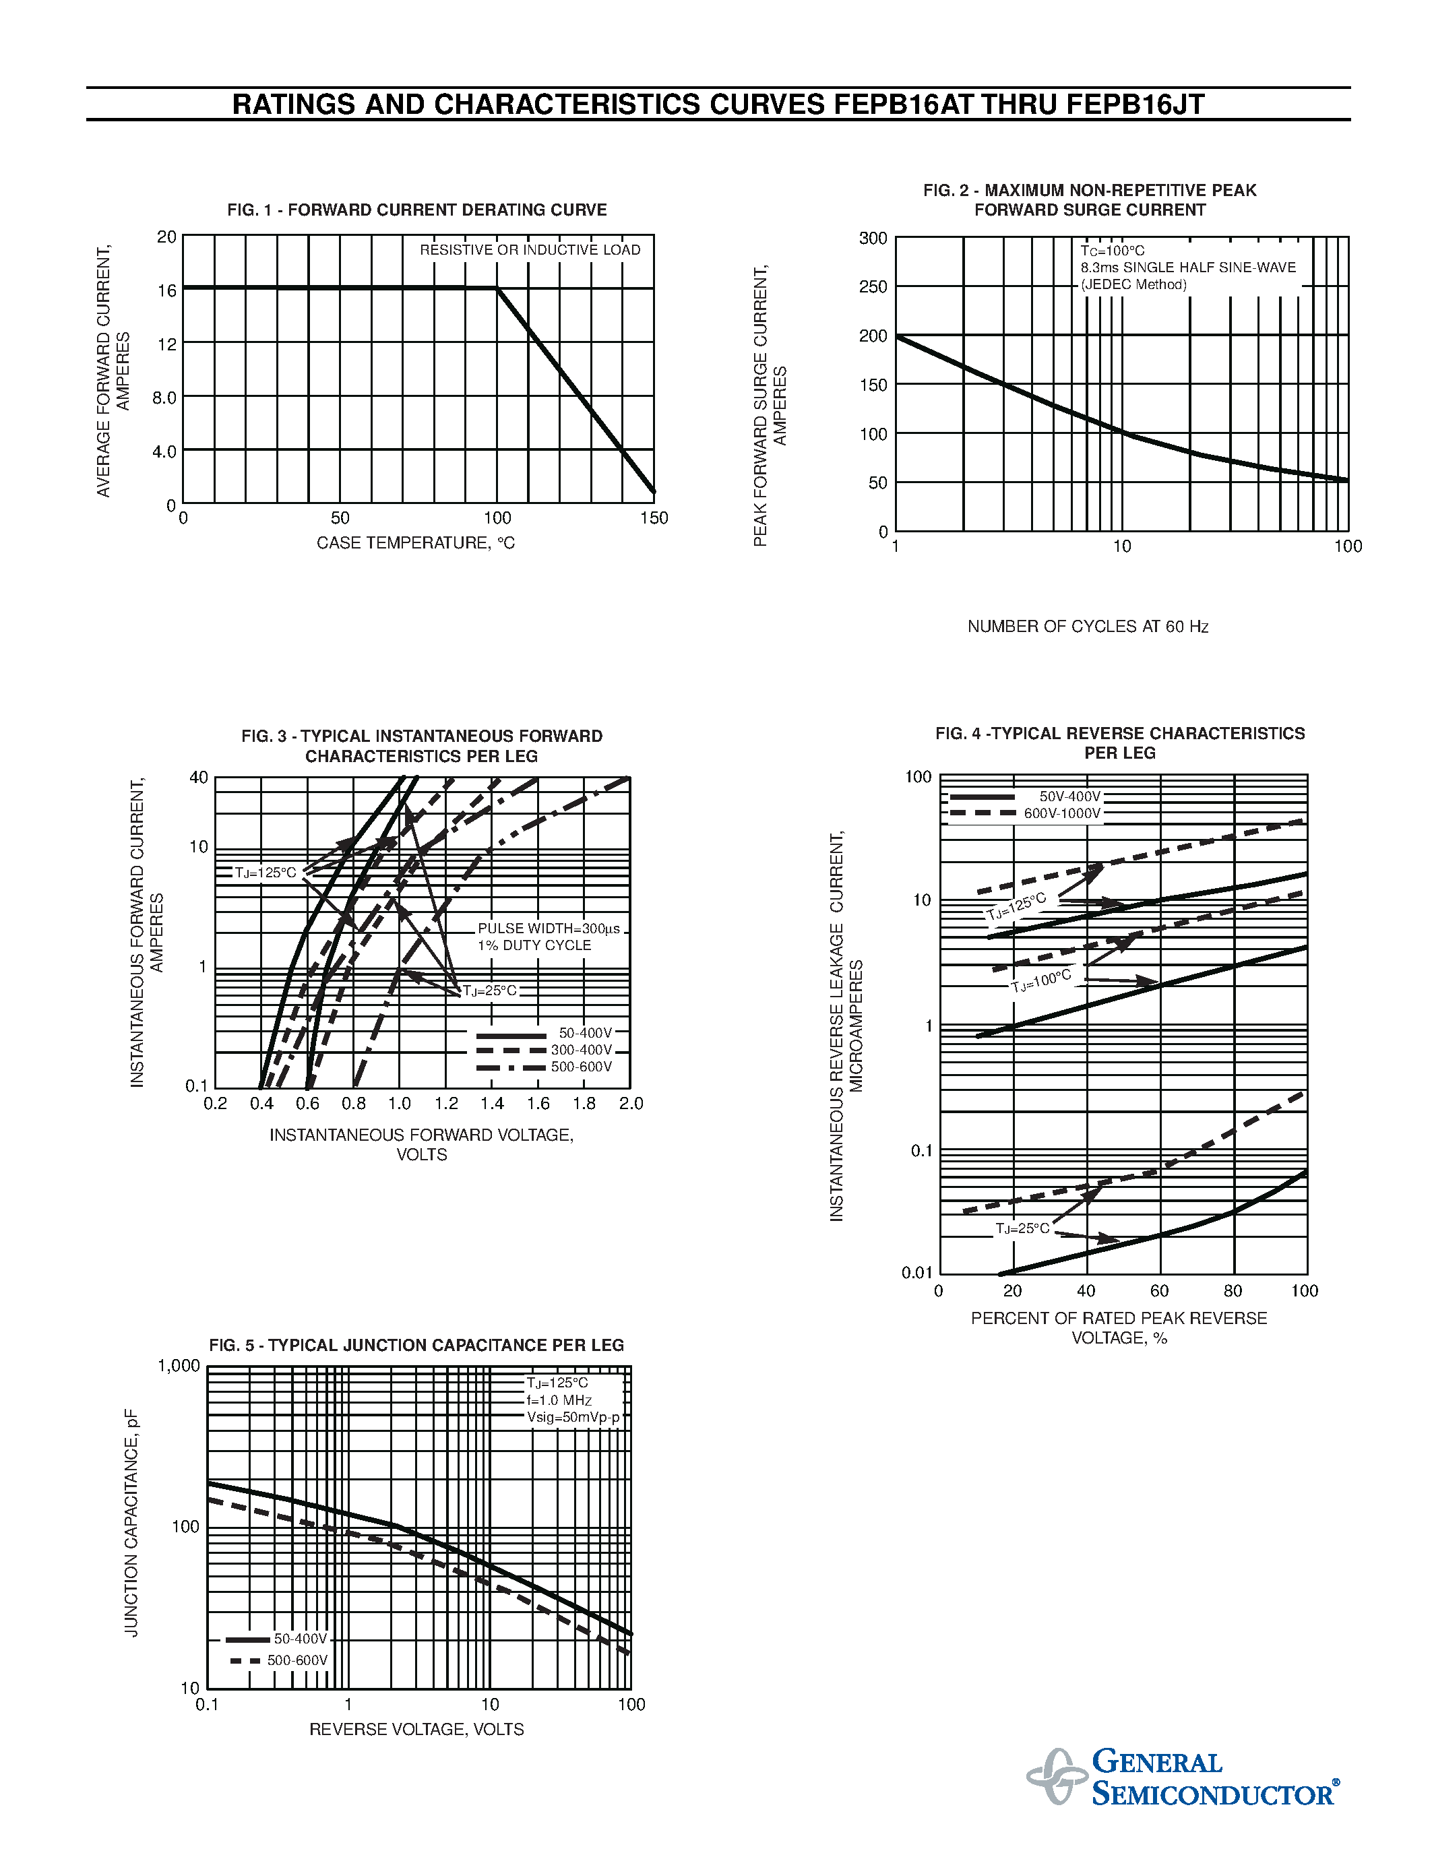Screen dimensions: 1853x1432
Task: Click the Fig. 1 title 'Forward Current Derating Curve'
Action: point(416,210)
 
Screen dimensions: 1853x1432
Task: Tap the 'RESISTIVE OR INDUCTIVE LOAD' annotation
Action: point(530,249)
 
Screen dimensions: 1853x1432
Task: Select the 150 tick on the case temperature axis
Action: point(654,517)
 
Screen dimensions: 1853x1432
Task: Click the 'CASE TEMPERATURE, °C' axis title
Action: point(416,543)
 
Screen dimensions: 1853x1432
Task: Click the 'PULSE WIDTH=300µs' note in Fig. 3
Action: point(549,929)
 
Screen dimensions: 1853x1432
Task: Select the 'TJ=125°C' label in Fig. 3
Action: point(266,872)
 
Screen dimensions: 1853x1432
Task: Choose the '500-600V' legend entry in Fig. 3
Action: point(581,1067)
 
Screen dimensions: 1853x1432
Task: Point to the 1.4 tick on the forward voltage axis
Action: point(492,1103)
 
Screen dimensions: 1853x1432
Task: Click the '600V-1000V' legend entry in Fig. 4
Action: point(1062,813)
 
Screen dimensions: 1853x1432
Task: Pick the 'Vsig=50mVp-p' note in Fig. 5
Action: point(573,1417)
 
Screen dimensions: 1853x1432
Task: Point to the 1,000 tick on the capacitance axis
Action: point(179,1365)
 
